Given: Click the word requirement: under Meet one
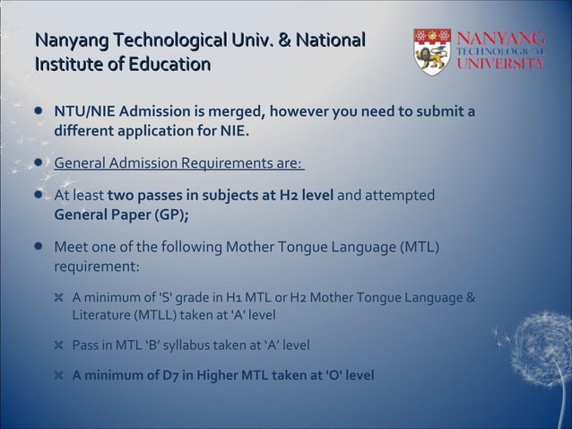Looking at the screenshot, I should (x=97, y=267).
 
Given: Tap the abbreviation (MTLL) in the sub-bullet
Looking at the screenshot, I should (x=159, y=315).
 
